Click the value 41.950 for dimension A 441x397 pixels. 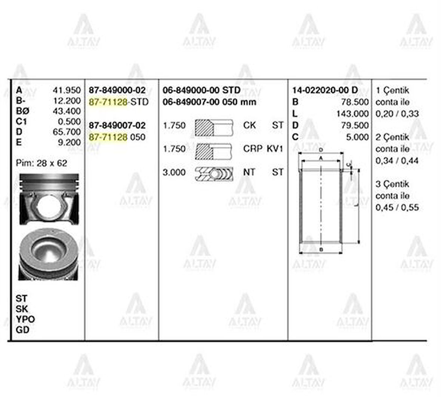pos(67,90)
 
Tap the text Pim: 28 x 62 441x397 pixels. pos(41,163)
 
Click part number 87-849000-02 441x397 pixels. pos(117,90)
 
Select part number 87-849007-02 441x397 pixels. pos(117,125)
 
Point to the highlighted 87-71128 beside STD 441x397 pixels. pos(108,102)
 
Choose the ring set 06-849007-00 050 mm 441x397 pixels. pos(209,102)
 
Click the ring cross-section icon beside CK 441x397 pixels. pos(214,126)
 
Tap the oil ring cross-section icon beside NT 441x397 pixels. pos(214,173)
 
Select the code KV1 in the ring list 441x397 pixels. pos(275,149)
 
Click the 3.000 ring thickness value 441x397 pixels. pos(174,172)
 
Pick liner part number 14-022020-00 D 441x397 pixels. pos(325,90)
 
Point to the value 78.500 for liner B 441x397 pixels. pos(355,102)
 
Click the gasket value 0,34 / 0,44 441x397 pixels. pos(392,161)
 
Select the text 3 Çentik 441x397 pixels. pos(392,184)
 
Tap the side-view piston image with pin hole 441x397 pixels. pos(49,200)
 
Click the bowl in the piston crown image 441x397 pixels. pos(48,249)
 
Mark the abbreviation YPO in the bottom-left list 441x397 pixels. pos(25,319)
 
